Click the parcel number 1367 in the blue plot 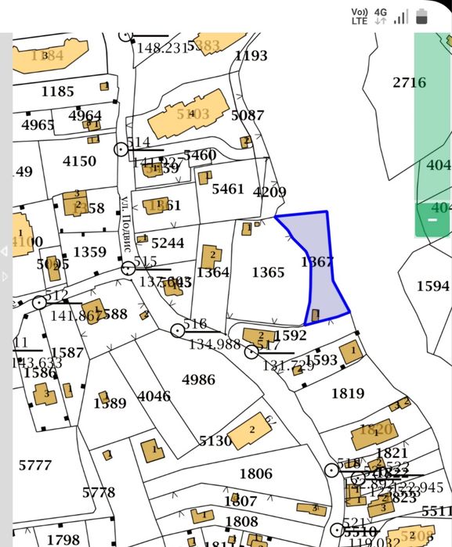click(317, 261)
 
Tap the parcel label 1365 click(268, 272)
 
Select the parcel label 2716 click(409, 82)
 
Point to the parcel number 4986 click(198, 380)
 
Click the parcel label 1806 click(255, 473)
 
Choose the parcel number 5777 click(35, 466)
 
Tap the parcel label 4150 click(79, 161)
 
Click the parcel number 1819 click(347, 393)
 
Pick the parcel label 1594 click(432, 286)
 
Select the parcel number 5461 click(228, 189)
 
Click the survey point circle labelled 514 click(121, 149)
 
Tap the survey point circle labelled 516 click(178, 330)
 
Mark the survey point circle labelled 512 click(39, 302)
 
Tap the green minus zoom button click(432, 220)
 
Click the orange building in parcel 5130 click(250, 430)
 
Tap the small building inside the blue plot click(315, 315)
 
